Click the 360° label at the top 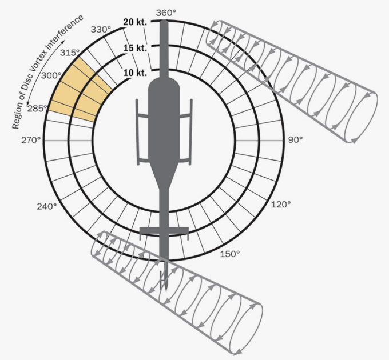tap(166, 13)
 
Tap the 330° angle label tap(101, 30)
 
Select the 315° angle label tap(70, 53)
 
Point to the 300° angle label tap(51, 75)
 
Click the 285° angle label tap(37, 108)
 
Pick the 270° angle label tap(31, 140)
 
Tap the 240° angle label tap(47, 206)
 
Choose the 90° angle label tap(296, 140)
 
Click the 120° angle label tap(281, 205)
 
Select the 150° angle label tap(230, 254)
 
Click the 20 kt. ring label tap(135, 22)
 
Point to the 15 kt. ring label tap(135, 48)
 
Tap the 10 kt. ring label tap(135, 73)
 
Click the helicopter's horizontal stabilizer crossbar tap(164, 230)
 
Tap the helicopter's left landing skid tap(138, 132)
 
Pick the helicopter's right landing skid tap(190, 132)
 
